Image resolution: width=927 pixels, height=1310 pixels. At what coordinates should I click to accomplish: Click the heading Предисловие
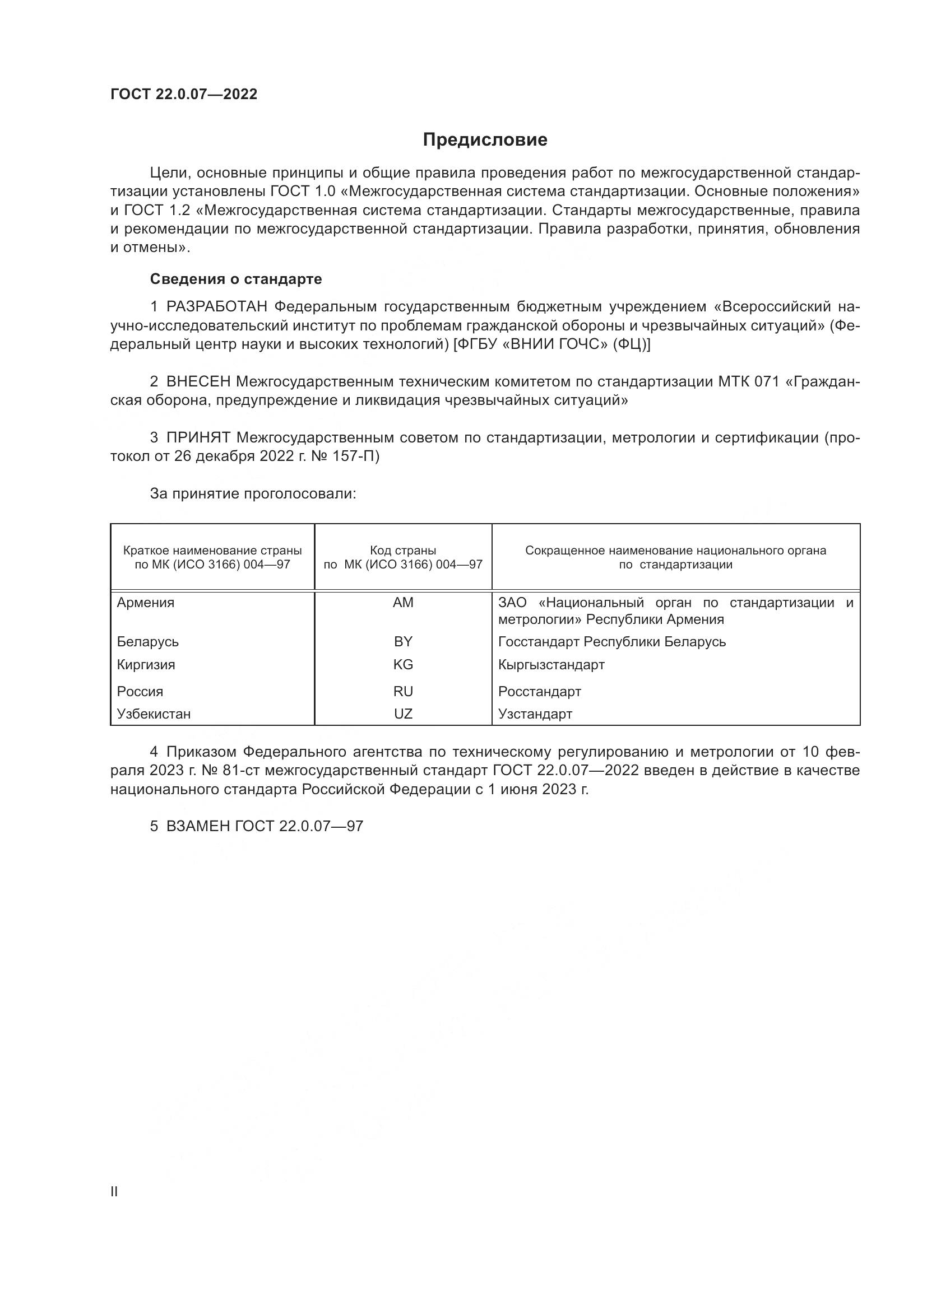click(x=485, y=140)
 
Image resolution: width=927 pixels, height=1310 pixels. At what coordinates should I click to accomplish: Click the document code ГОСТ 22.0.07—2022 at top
click(x=184, y=94)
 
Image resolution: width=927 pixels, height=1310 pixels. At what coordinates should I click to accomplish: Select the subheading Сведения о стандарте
click(x=236, y=279)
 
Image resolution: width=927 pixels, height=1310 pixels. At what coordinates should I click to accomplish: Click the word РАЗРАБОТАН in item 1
click(x=217, y=307)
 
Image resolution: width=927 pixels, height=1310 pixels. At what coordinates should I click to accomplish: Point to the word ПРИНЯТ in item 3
click(x=198, y=437)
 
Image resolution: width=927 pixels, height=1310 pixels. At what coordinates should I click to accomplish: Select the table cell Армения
click(x=146, y=603)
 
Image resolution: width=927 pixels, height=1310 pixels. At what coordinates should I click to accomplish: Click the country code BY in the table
click(x=403, y=642)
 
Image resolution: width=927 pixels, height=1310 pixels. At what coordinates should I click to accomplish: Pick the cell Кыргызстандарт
click(x=551, y=665)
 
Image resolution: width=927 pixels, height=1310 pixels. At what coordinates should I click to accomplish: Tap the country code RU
click(x=403, y=692)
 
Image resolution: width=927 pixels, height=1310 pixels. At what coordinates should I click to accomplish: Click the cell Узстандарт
click(x=535, y=714)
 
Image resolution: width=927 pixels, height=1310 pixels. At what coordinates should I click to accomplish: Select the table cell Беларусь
click(x=148, y=642)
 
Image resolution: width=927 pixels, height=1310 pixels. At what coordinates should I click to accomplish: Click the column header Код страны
click(x=403, y=551)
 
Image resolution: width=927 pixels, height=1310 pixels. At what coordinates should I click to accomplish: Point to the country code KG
click(x=403, y=665)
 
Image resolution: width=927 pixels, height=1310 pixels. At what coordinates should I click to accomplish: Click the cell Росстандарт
click(x=539, y=692)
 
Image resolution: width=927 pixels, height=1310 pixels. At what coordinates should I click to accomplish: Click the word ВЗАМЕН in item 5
click(x=198, y=827)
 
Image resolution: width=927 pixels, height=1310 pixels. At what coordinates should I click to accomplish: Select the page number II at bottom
click(x=114, y=1192)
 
